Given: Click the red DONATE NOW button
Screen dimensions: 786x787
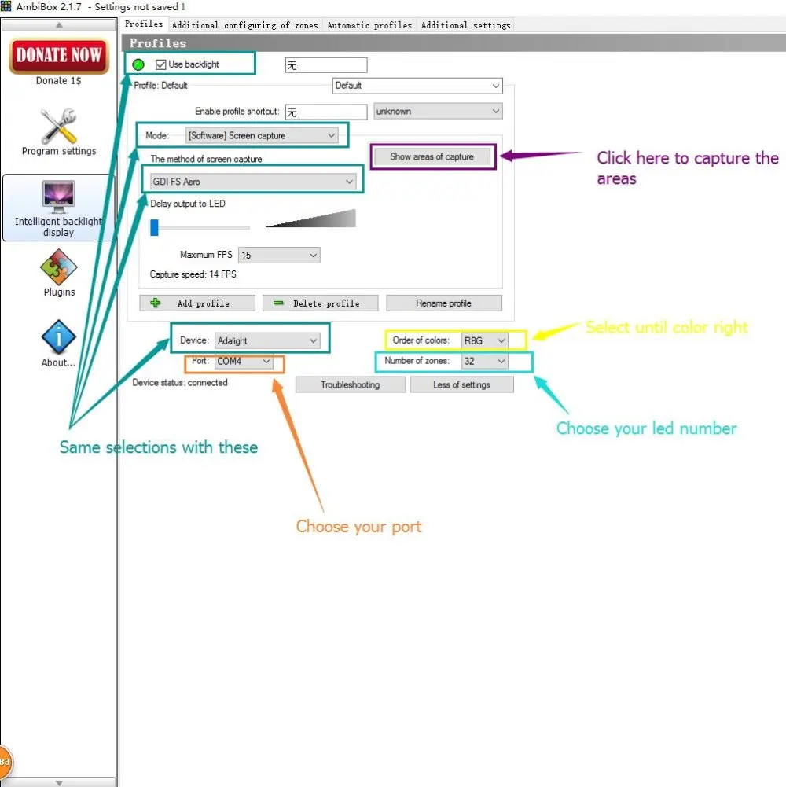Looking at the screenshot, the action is pos(59,55).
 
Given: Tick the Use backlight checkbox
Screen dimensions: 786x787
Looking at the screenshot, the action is pos(161,64).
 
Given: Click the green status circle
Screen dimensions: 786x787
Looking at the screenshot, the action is pos(139,64).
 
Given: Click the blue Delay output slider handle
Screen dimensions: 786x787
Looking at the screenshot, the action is pos(155,227).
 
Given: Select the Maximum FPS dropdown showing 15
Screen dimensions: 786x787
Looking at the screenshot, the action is pos(279,255).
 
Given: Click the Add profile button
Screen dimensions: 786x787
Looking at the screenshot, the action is pos(196,303).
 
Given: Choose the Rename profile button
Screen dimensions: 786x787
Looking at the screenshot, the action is pos(443,303).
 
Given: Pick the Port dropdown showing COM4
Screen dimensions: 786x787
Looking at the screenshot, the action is pos(244,362).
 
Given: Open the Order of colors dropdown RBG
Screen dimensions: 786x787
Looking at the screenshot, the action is pos(484,341).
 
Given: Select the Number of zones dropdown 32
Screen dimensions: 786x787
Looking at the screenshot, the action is pos(484,362).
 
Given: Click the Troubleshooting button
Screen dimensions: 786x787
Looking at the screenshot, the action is pos(350,385).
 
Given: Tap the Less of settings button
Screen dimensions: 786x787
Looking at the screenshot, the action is pos(461,385).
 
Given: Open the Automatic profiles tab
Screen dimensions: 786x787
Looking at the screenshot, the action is pos(369,25).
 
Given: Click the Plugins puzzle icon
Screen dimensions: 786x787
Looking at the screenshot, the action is pos(59,267).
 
